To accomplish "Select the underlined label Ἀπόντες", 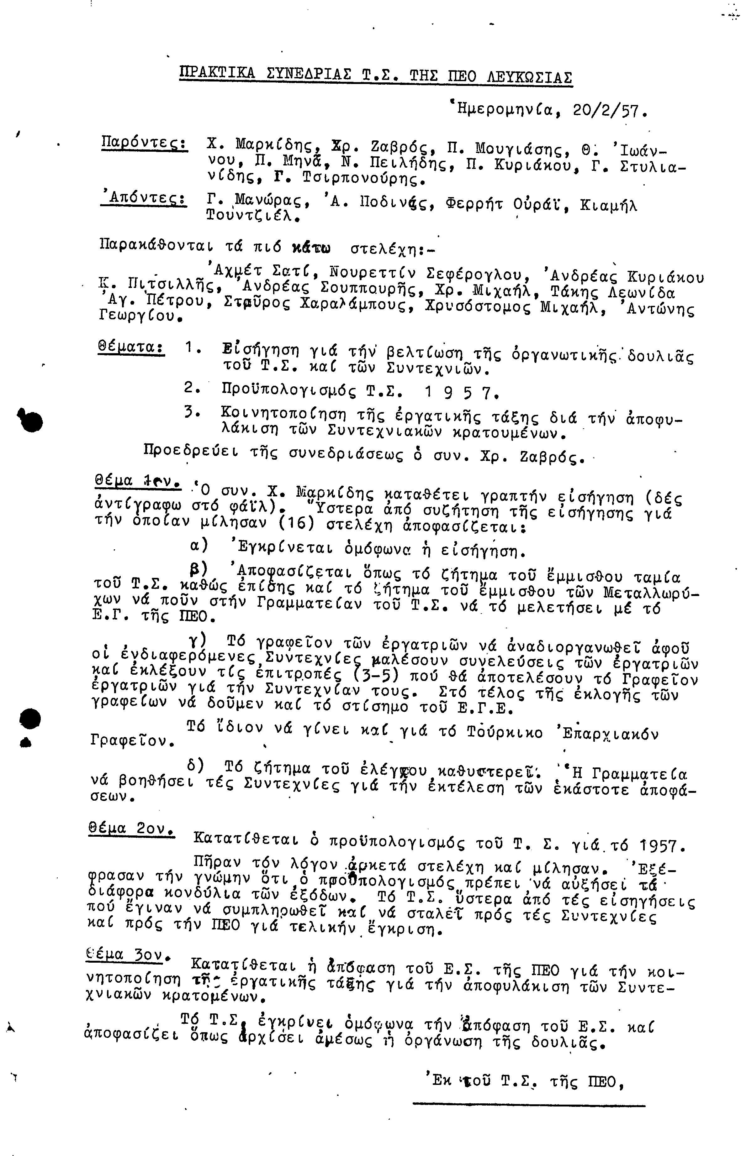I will coord(143,198).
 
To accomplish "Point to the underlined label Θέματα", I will coord(131,347).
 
